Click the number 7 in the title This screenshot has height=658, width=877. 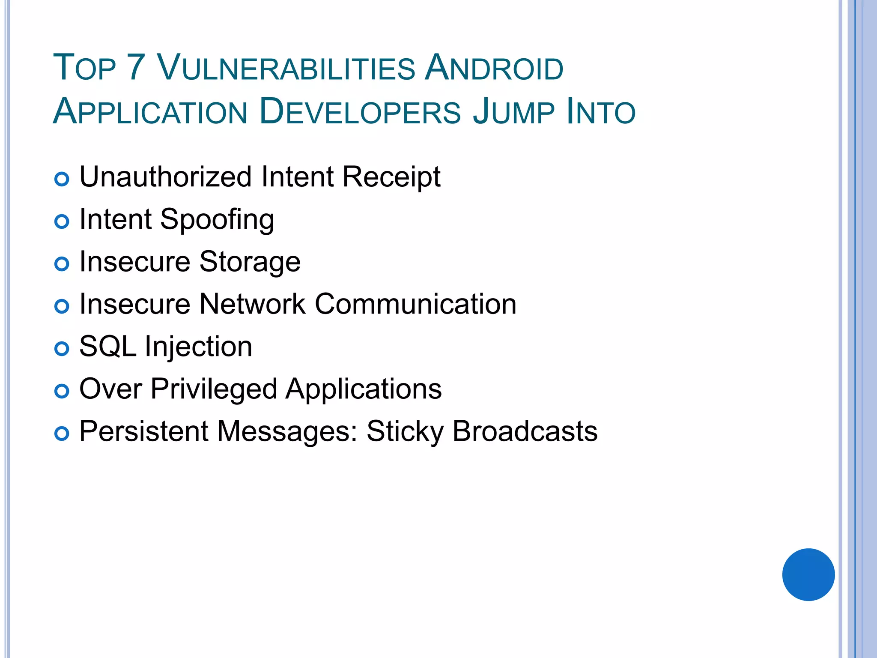tap(136, 68)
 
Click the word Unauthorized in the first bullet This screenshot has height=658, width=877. tap(166, 177)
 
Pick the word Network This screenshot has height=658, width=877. tap(253, 304)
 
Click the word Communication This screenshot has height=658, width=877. tap(415, 304)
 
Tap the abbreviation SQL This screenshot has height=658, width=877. tap(108, 347)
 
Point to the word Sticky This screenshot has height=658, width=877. tap(405, 432)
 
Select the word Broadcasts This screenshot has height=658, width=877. tap(525, 431)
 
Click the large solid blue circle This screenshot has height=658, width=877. tap(808, 574)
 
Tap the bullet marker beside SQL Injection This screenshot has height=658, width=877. tap(62, 349)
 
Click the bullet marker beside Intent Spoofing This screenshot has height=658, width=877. tap(62, 221)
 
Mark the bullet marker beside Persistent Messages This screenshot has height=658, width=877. tap(62, 434)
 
